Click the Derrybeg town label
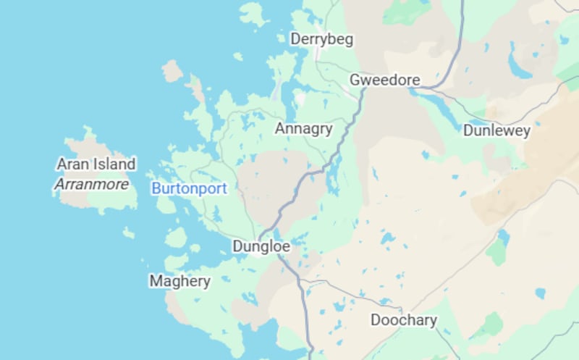point(321,39)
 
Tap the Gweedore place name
point(384,80)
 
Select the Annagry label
point(303,129)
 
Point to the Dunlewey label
point(496,131)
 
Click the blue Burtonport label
point(189,189)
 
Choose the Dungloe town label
point(261,246)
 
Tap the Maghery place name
point(179,281)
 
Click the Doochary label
point(404,320)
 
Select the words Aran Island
point(96,164)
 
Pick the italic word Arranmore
point(91,185)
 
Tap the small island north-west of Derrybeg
point(253,14)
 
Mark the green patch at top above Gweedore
point(406,11)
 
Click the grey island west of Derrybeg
point(172,71)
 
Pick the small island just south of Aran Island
point(128,233)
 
